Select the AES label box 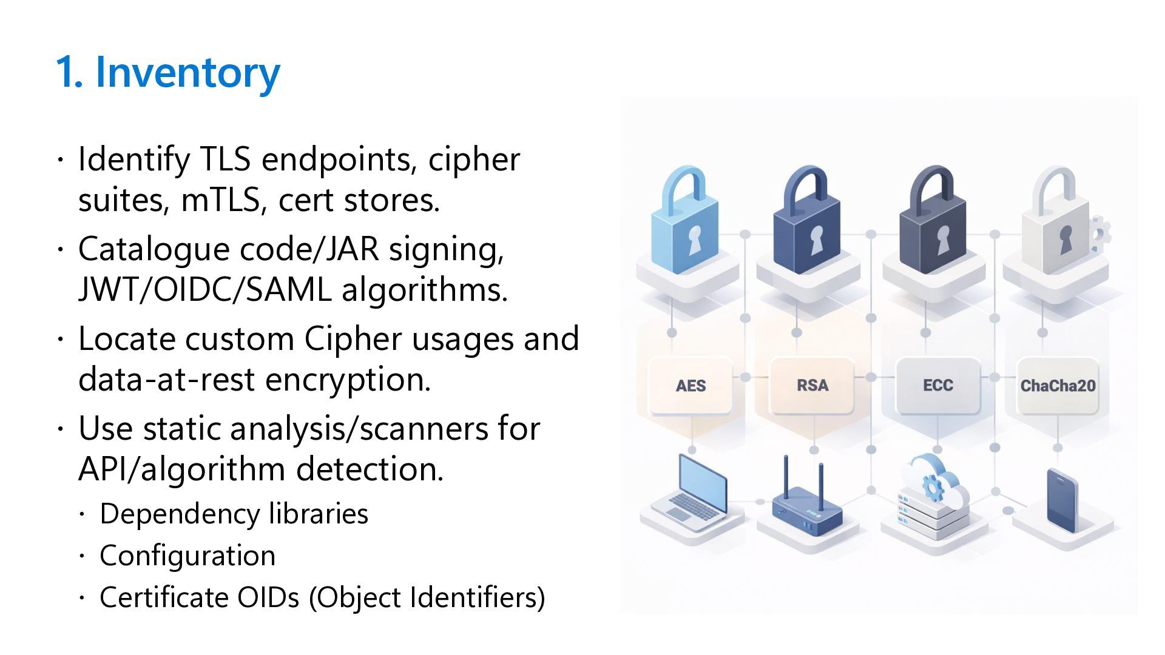point(691,386)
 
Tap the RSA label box point(812,385)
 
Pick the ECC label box point(937,385)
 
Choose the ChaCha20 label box point(1058,386)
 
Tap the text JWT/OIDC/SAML point(204,290)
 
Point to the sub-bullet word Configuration point(187,556)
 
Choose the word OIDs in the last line point(268,597)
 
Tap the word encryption point(348,380)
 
